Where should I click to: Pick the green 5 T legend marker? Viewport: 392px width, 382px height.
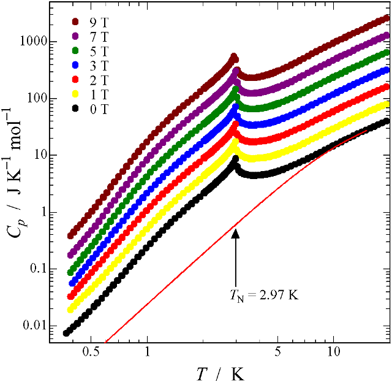tap(75, 48)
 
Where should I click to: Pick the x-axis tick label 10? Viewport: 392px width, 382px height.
tap(333, 354)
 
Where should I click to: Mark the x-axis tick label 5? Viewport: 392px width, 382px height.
tap(277, 354)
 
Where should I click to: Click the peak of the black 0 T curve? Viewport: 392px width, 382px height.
tap(235, 159)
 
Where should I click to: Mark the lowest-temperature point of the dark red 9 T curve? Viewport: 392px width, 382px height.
tap(70, 235)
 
